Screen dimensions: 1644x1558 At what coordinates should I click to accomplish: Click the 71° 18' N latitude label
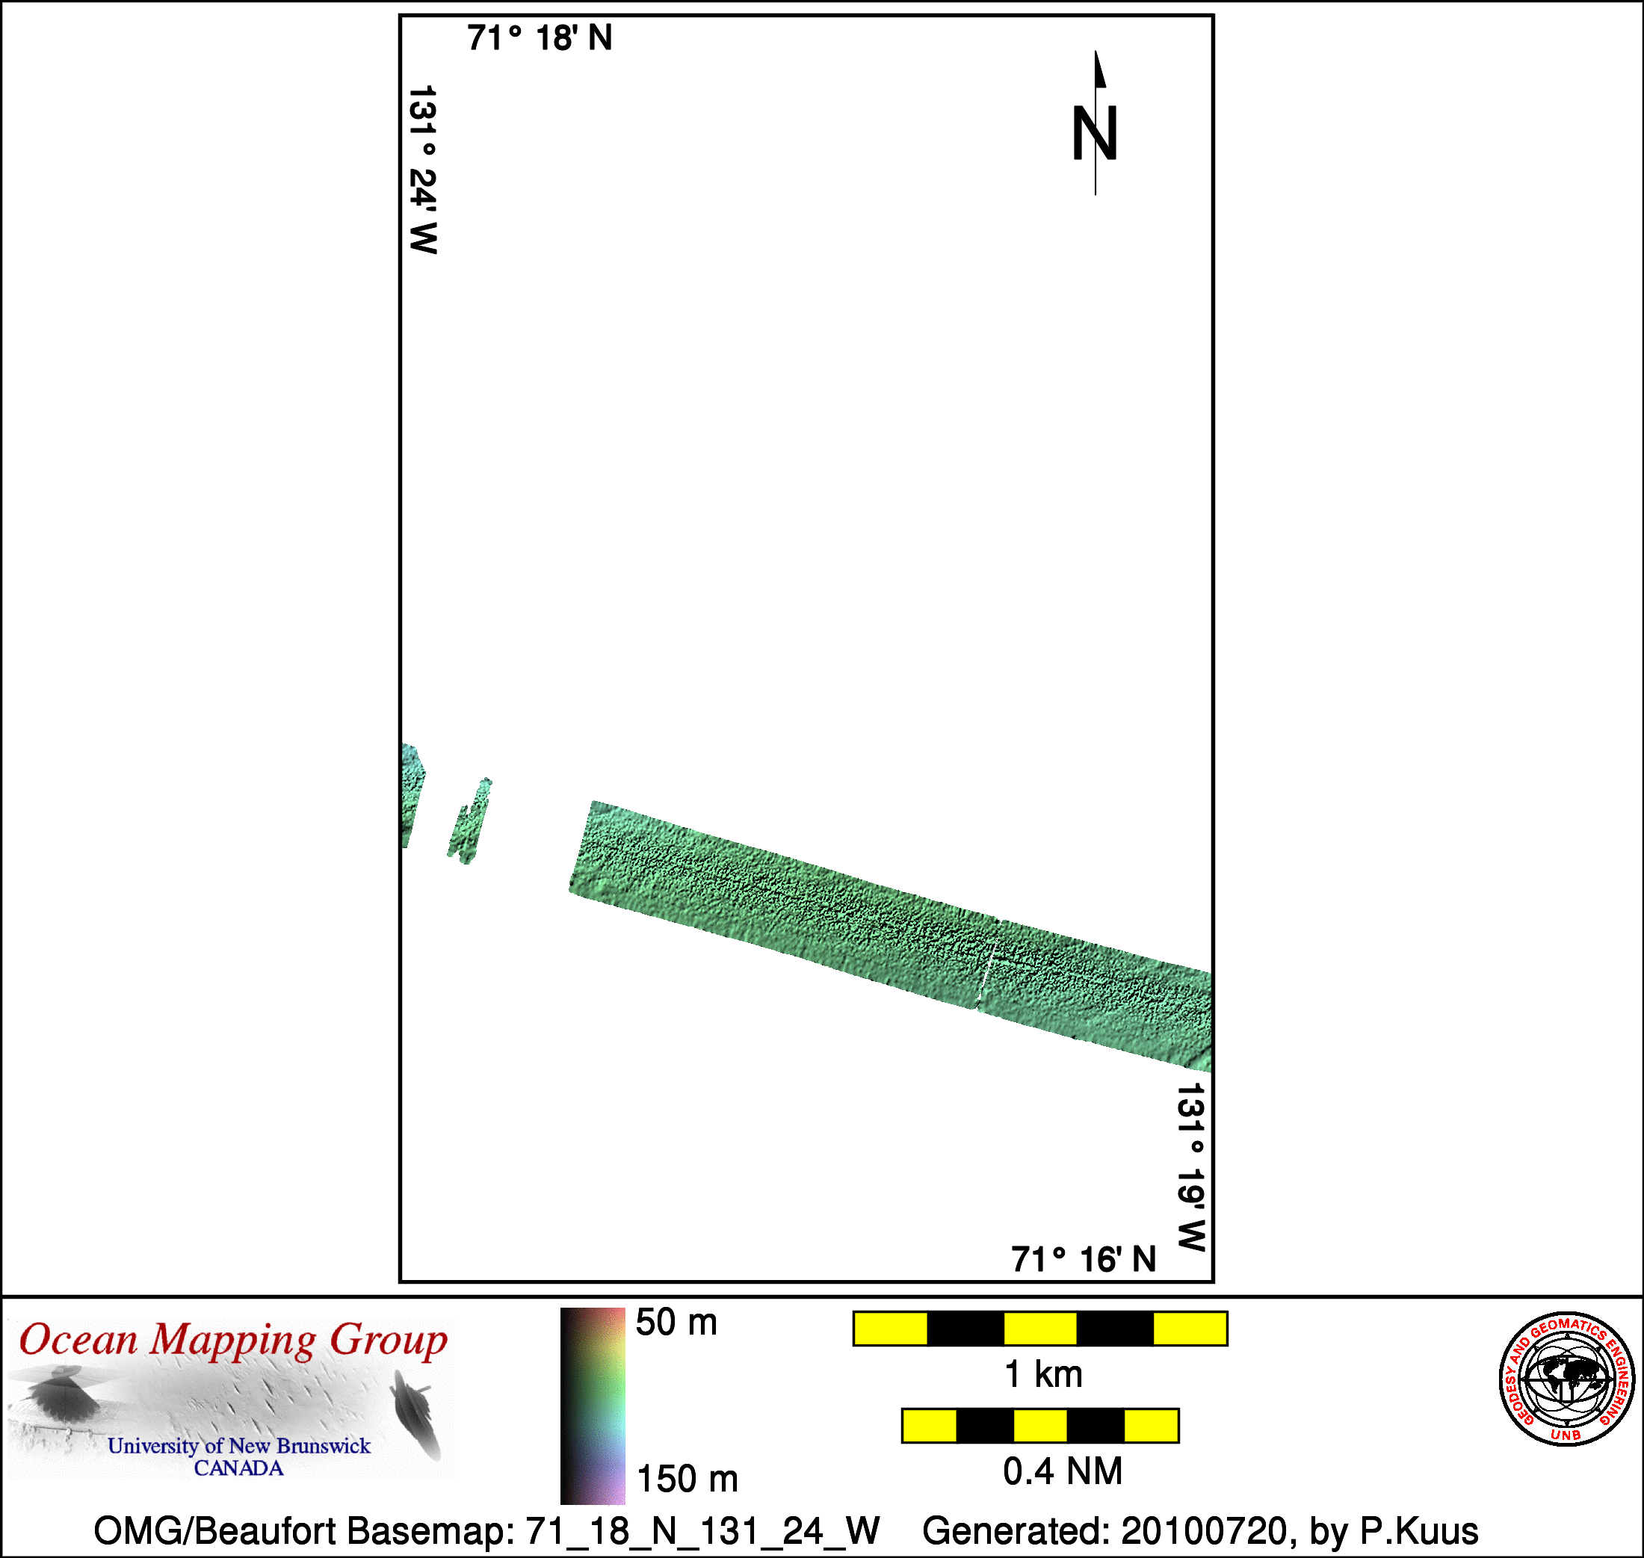pos(540,38)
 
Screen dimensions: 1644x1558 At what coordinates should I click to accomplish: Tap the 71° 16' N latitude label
pos(1084,1260)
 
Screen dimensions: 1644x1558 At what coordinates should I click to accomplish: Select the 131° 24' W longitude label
pos(424,170)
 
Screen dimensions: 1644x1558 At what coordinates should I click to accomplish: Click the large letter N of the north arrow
pos(1094,133)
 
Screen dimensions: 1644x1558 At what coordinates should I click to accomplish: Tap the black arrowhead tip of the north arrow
pos(1096,52)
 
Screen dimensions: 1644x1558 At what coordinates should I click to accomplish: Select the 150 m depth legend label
pos(687,1479)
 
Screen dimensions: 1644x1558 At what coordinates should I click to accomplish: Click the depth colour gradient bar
pos(593,1406)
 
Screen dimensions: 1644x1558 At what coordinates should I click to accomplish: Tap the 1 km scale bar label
pos(1043,1375)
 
